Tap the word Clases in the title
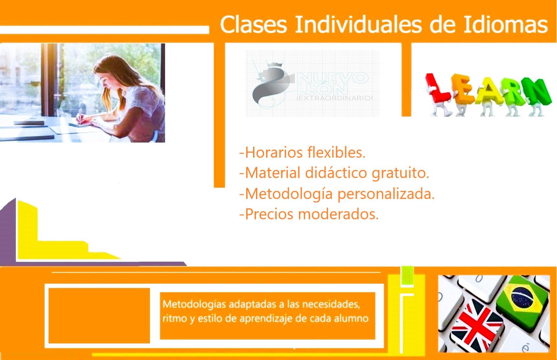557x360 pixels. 253,25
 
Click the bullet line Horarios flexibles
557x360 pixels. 302,153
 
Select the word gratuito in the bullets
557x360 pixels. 401,173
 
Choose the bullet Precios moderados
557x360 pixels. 309,214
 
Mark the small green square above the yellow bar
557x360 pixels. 407,276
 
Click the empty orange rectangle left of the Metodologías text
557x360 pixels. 99,315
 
